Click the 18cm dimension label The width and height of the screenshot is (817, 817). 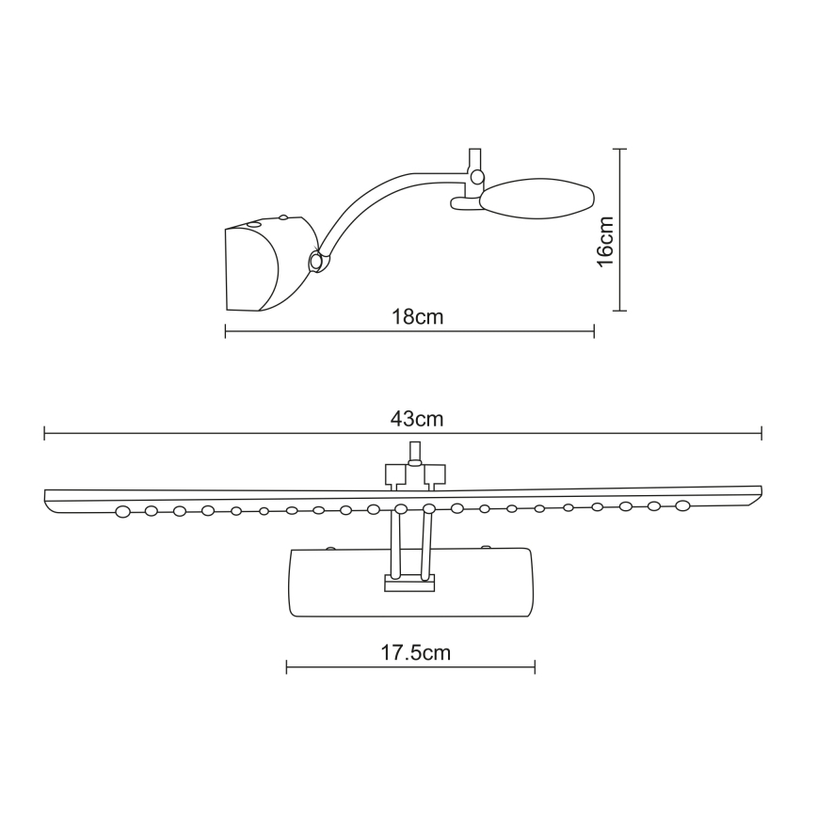pyautogui.click(x=417, y=316)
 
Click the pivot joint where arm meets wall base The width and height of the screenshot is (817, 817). pyautogui.click(x=316, y=262)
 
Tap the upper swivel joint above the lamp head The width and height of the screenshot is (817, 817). pyautogui.click(x=477, y=176)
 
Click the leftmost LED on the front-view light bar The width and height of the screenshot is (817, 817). pyautogui.click(x=122, y=512)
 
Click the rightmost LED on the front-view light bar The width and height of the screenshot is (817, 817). pyautogui.click(x=681, y=505)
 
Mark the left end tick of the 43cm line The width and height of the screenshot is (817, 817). pyautogui.click(x=45, y=433)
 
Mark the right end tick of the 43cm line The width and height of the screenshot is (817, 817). pyautogui.click(x=761, y=433)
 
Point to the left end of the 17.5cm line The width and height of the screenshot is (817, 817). pyautogui.click(x=286, y=667)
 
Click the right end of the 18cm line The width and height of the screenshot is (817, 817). pyautogui.click(x=594, y=330)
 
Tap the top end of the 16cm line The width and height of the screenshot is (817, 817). pyautogui.click(x=617, y=149)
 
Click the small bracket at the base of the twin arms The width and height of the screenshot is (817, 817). pyautogui.click(x=409, y=584)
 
